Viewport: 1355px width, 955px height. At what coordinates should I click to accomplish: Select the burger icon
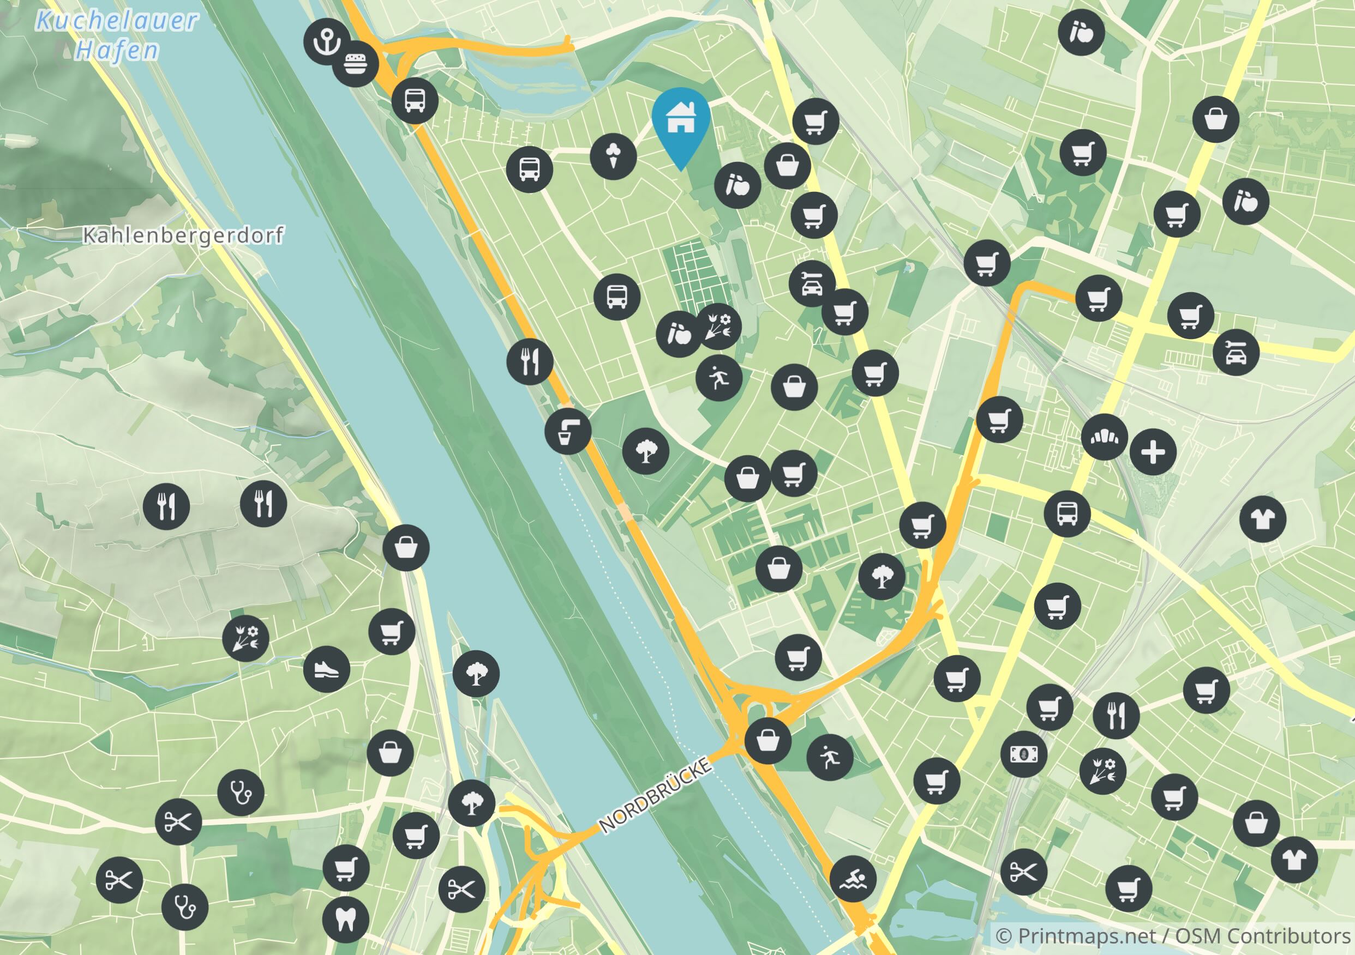click(355, 64)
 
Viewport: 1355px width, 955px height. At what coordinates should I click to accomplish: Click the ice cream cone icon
click(614, 156)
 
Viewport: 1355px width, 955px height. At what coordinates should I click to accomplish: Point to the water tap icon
click(568, 431)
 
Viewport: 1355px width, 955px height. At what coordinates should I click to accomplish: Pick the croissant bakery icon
click(1104, 437)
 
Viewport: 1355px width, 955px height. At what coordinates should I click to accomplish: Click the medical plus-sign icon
click(1153, 452)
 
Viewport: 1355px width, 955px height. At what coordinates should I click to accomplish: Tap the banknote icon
click(1024, 754)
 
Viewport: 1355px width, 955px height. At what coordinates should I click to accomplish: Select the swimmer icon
click(853, 878)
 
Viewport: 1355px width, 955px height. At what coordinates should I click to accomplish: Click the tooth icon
click(346, 919)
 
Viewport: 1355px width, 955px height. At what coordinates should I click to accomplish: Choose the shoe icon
click(326, 669)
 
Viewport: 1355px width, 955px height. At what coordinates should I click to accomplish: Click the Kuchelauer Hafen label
click(117, 35)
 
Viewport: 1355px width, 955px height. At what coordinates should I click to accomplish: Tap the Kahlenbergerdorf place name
click(183, 235)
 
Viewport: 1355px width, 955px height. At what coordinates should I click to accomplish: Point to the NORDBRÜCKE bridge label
click(656, 796)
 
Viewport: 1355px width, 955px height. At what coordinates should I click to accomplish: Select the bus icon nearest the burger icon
click(415, 100)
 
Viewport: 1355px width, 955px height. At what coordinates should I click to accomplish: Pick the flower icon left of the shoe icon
click(245, 638)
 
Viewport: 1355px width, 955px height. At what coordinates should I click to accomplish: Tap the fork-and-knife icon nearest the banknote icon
click(1116, 715)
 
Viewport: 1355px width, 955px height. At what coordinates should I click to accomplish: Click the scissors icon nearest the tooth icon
click(461, 889)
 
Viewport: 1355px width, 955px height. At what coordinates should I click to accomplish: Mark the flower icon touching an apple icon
click(719, 326)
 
